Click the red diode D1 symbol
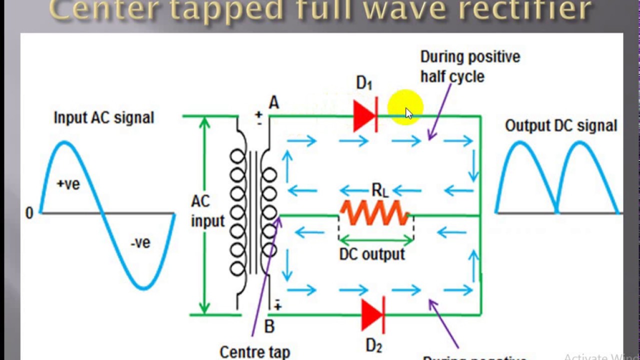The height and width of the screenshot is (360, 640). (x=364, y=116)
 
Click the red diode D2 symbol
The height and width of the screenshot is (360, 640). (x=372, y=315)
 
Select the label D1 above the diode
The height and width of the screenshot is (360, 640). (x=364, y=83)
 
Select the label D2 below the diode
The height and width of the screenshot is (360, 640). (x=374, y=345)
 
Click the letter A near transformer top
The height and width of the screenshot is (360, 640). (x=273, y=103)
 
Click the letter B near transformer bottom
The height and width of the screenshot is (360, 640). (x=269, y=327)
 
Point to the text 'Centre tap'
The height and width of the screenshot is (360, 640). (x=254, y=351)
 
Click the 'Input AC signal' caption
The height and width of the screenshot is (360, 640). (x=104, y=118)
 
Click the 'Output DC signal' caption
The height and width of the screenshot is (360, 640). (x=561, y=125)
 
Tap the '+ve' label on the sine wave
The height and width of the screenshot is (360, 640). (x=68, y=184)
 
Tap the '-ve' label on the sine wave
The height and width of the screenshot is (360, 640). (x=140, y=243)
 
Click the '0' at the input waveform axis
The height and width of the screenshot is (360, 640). (x=29, y=213)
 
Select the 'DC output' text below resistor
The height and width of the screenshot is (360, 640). (x=372, y=254)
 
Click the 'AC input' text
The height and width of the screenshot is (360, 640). (x=207, y=211)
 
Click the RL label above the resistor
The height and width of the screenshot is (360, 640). (x=379, y=190)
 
